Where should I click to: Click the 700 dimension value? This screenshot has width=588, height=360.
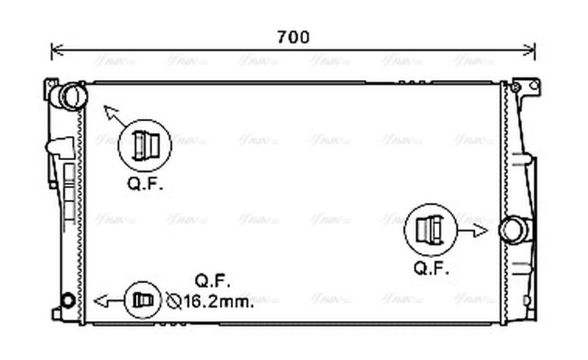293,36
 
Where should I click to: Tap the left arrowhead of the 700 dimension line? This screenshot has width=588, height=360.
54,51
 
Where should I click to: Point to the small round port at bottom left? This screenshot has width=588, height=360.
68,300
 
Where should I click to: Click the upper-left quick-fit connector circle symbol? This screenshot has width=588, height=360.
144,145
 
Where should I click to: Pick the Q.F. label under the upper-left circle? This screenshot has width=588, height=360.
145,184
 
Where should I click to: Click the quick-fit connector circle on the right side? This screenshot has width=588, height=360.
430,230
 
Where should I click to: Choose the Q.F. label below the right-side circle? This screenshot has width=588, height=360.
431,268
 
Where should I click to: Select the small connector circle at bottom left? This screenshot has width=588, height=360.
141,300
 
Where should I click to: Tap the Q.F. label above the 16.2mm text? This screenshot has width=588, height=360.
213,280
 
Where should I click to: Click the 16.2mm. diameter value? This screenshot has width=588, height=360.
218,300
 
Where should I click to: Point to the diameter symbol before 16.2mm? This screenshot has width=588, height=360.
173,300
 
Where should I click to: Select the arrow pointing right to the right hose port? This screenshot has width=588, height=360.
475,230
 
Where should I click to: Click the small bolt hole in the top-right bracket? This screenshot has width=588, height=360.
516,88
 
